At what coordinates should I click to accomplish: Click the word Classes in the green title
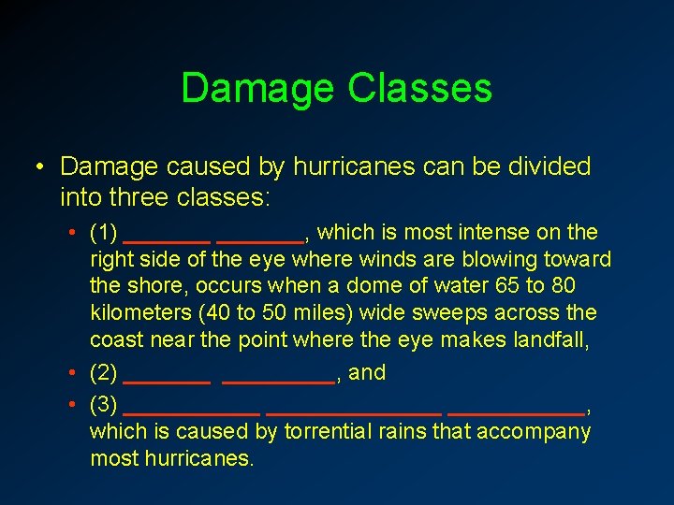(419, 88)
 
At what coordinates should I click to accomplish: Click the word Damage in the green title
(258, 88)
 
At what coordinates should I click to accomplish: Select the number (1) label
(103, 232)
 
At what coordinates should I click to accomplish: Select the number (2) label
(103, 373)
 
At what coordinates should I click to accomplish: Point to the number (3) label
(103, 405)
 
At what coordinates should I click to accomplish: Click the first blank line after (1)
(167, 240)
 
